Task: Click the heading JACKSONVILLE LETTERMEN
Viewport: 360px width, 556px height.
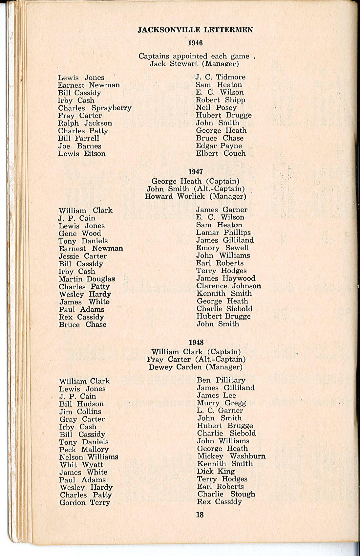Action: [195, 30]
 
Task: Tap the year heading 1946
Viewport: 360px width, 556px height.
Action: [195, 43]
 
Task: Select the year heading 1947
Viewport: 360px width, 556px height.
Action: [196, 171]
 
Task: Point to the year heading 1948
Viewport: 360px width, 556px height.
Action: [196, 342]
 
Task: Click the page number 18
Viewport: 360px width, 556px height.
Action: [200, 515]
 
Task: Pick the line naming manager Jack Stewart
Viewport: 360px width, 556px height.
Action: [194, 64]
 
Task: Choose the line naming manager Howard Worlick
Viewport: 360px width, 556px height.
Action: [195, 196]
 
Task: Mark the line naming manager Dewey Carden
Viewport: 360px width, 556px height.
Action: [195, 367]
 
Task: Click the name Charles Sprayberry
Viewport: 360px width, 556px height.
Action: [95, 108]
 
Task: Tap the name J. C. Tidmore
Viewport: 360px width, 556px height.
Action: [220, 77]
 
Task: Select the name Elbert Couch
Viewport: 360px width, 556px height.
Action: [221, 153]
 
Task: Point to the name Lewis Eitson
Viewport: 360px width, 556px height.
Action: [82, 153]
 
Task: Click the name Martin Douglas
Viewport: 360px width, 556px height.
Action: [87, 279]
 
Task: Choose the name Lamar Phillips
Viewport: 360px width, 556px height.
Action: [223, 233]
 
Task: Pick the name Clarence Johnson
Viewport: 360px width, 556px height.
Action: [229, 286]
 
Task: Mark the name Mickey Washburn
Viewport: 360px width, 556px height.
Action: [231, 456]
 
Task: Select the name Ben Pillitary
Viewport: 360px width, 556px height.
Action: [221, 380]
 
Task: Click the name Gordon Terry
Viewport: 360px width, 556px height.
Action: [84, 502]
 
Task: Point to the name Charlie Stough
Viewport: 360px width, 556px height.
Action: [226, 494]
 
